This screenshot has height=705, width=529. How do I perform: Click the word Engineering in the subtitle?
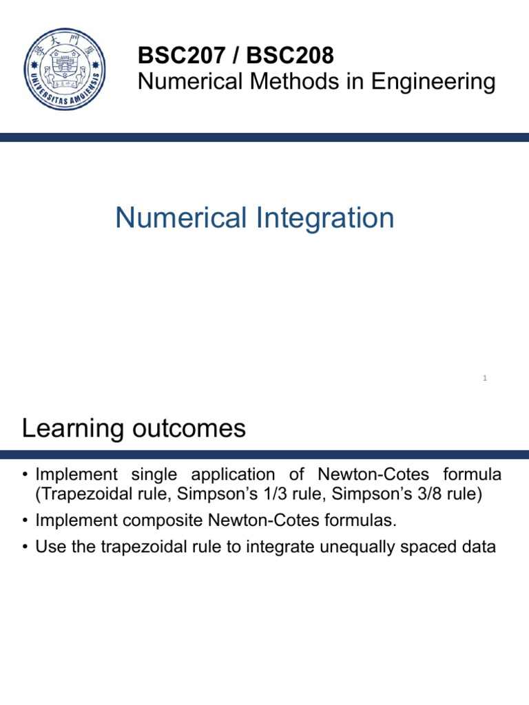[x=433, y=82]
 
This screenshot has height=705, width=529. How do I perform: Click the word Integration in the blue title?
[x=324, y=219]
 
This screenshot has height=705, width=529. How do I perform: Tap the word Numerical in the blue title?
[x=180, y=219]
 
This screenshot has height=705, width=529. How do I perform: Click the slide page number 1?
[x=485, y=378]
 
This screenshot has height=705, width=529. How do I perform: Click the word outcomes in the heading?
[x=190, y=429]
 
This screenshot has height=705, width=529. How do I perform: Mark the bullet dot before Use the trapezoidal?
[x=25, y=548]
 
